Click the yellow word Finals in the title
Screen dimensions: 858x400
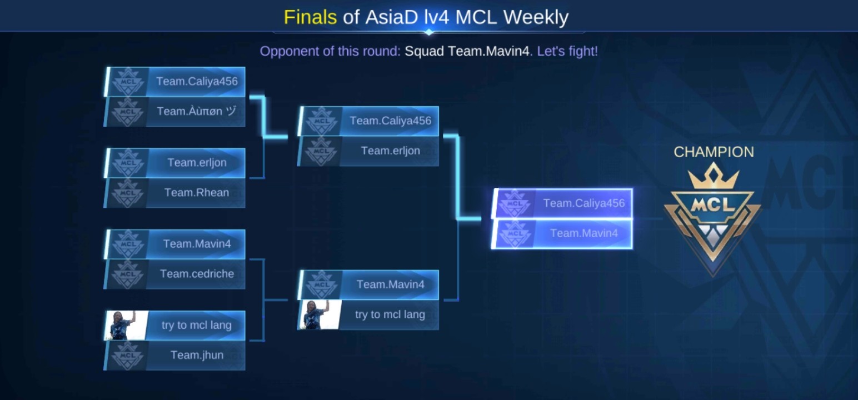point(310,17)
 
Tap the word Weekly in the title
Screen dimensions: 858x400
point(536,18)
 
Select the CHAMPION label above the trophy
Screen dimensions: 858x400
point(714,152)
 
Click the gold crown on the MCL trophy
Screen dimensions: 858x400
point(713,176)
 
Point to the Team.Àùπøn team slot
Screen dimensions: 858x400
point(175,111)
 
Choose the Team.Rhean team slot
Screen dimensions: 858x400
point(175,193)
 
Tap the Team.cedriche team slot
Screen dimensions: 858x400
point(175,274)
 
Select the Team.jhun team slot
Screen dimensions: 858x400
point(175,355)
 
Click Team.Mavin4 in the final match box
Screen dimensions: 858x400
point(562,233)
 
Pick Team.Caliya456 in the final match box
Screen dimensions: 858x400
point(562,203)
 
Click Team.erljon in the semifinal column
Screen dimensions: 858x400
point(368,151)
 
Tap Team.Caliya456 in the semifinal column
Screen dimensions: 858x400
point(368,121)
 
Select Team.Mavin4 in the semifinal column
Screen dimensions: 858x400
point(368,285)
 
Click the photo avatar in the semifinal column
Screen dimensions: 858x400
point(320,314)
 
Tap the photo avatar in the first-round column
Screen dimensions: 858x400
point(126,326)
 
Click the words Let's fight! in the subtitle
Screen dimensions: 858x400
point(567,51)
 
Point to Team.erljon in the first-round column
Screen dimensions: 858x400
point(175,163)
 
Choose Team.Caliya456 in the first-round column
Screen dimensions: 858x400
point(175,82)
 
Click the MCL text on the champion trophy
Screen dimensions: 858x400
point(713,206)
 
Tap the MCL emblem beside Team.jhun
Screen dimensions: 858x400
point(128,356)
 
